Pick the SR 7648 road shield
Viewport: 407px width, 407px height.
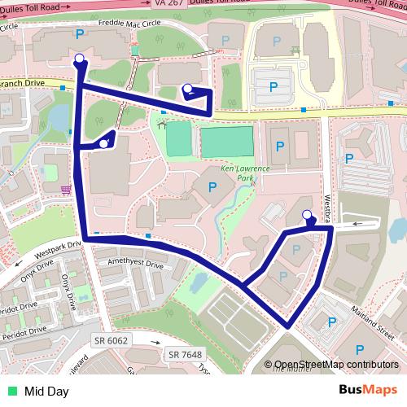click(186, 354)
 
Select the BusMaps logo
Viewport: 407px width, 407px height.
click(368, 390)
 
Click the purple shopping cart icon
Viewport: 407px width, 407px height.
click(65, 190)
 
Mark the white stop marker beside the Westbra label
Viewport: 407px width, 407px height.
click(307, 215)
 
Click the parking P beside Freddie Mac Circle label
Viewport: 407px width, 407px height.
click(79, 33)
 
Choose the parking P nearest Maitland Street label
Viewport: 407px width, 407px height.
click(332, 323)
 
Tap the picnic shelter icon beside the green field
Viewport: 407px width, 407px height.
click(163, 125)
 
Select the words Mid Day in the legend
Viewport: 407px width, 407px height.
click(46, 391)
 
